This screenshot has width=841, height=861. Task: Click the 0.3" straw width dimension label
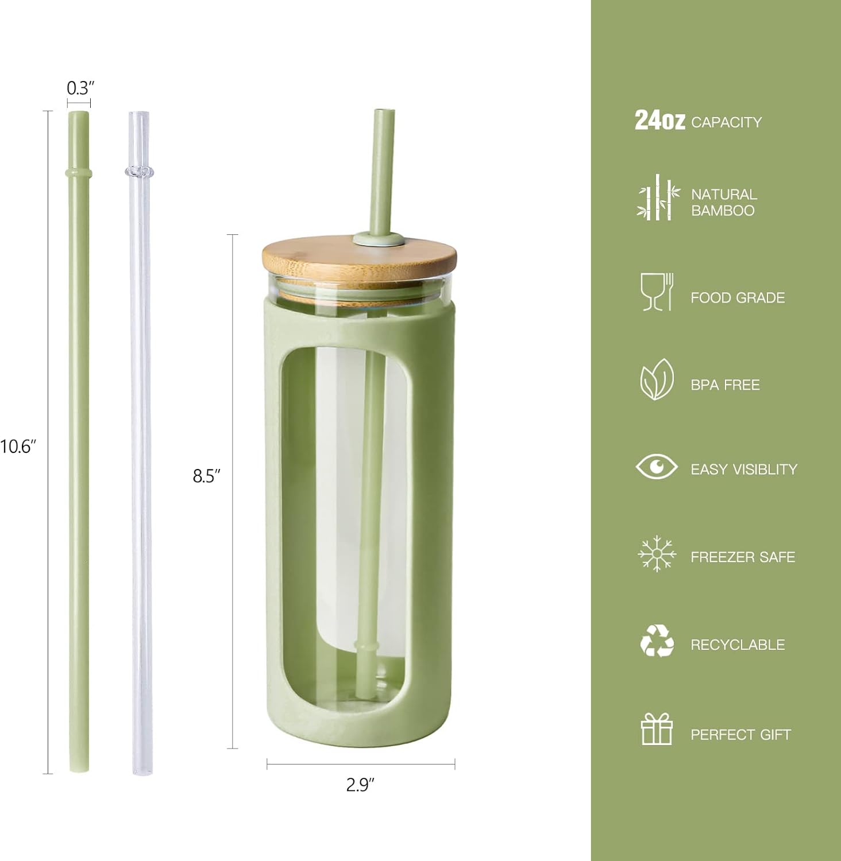pyautogui.click(x=80, y=88)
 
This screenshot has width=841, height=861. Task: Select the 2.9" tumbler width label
pyautogui.click(x=360, y=785)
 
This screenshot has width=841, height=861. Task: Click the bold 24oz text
pyautogui.click(x=659, y=121)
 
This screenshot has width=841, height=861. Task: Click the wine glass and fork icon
pyautogui.click(x=657, y=292)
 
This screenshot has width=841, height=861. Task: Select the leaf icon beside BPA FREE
pyautogui.click(x=656, y=379)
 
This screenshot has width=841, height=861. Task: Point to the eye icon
pyautogui.click(x=656, y=466)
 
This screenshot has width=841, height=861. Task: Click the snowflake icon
pyautogui.click(x=657, y=554)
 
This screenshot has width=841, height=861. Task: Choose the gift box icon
pyautogui.click(x=657, y=729)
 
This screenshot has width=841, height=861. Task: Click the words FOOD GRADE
pyautogui.click(x=738, y=297)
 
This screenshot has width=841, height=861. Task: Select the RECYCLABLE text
pyautogui.click(x=738, y=645)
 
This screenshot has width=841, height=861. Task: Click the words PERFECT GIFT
pyautogui.click(x=740, y=734)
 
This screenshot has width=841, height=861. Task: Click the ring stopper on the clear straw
pyautogui.click(x=139, y=171)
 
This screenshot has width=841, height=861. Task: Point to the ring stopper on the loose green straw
pyautogui.click(x=79, y=172)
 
